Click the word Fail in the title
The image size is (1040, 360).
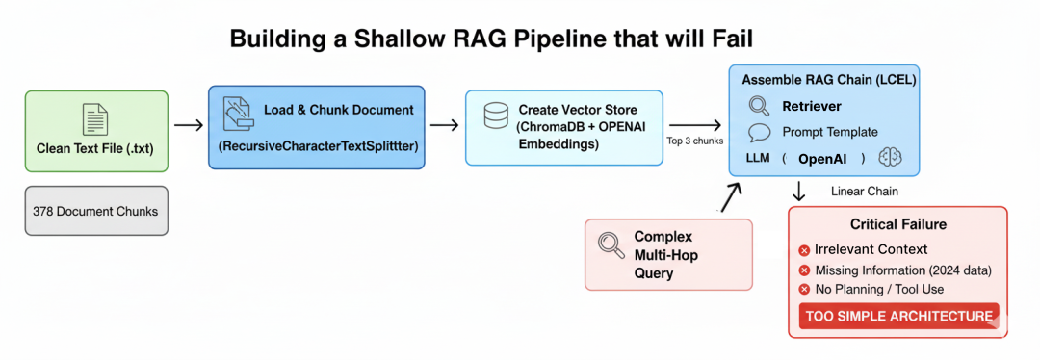[x=725, y=39]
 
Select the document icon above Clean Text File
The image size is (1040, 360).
[x=95, y=119]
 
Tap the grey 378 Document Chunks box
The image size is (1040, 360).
[x=96, y=211]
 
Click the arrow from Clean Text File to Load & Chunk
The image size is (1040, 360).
[x=189, y=125]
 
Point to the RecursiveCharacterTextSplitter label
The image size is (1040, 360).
[x=316, y=146]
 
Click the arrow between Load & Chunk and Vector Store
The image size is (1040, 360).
[x=444, y=125]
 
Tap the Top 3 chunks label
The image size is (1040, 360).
[x=694, y=141]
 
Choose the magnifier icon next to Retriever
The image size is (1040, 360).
[x=759, y=107]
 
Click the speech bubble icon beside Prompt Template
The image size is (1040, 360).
[x=759, y=132]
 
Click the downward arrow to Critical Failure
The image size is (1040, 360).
[x=799, y=191]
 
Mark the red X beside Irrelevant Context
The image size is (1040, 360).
[x=804, y=250]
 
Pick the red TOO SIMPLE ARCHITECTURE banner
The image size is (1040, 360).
[x=898, y=316]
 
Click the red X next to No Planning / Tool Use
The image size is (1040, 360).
[x=804, y=290]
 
